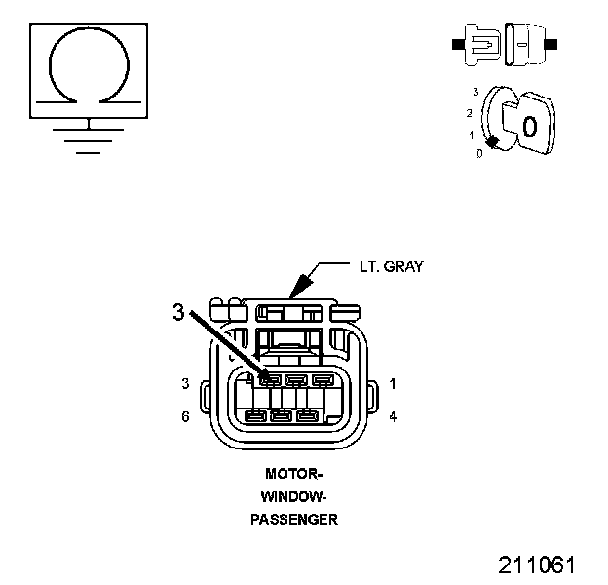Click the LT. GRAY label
390,265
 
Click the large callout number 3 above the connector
177,312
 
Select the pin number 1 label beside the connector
392,384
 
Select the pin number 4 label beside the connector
392,416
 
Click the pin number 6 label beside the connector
185,416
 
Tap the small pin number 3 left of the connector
185,384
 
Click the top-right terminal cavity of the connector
323,381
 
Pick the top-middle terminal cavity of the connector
297,381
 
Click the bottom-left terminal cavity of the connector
256,417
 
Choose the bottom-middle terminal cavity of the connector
282,417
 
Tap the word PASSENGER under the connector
293,519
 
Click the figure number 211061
537,565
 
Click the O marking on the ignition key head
529,126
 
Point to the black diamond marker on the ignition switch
493,142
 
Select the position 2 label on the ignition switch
469,113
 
